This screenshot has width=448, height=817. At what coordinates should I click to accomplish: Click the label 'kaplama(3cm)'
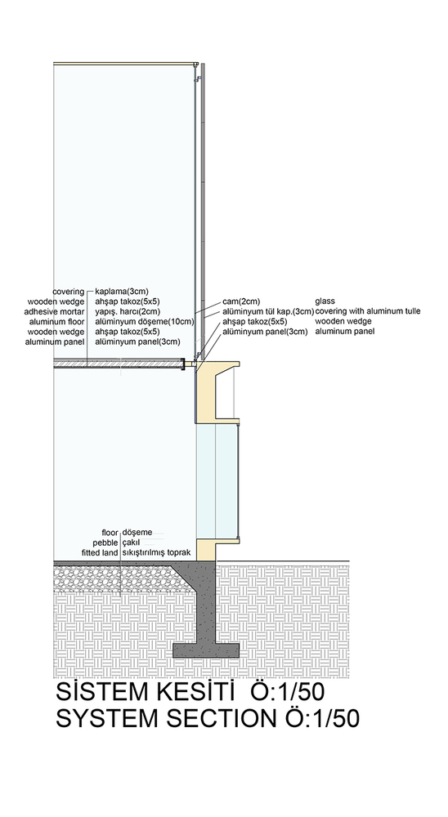122,292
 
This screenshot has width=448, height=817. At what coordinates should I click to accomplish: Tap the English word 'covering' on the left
69,292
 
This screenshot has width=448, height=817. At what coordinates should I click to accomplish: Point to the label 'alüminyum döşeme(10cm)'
145,322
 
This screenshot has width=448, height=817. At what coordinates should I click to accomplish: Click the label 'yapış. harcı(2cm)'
128,311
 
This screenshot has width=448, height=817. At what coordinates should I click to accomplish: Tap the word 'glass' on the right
325,301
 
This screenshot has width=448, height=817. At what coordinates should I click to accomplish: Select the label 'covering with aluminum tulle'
368,311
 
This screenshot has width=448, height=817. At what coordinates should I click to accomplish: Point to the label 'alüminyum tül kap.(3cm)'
268,311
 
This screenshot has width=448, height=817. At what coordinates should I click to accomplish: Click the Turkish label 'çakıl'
131,543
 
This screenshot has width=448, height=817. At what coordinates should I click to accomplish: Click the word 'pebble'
106,543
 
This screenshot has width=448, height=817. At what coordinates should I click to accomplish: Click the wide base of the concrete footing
206,650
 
